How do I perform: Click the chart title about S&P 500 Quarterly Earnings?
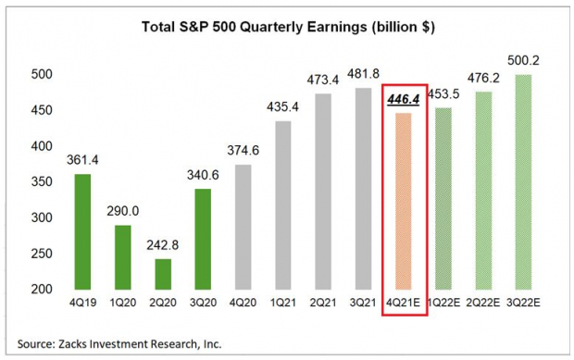point(287,26)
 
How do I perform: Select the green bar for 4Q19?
point(82,231)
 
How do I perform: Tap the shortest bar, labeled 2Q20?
point(162,274)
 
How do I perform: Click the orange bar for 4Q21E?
point(404,201)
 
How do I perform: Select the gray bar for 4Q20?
point(243,228)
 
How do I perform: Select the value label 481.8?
point(363,71)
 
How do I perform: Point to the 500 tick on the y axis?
point(42,75)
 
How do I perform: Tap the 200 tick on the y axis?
point(42,290)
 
